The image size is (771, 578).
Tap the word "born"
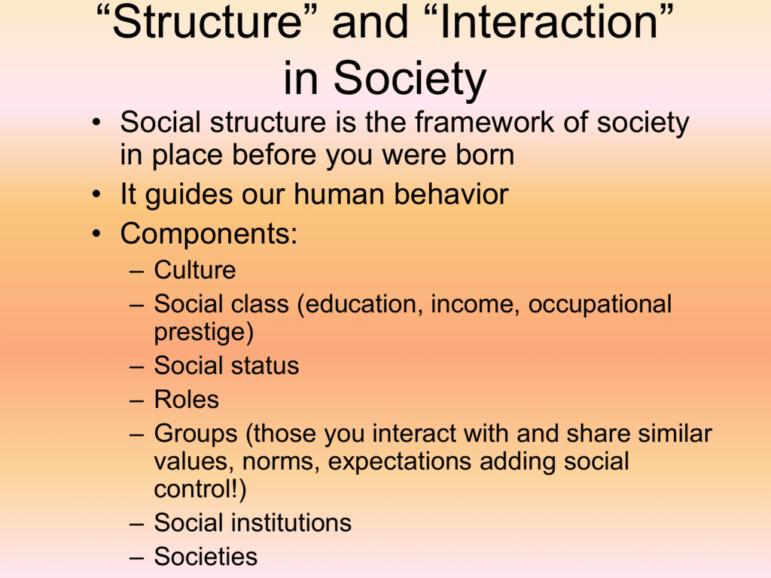[482, 156]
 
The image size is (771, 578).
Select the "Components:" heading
[209, 234]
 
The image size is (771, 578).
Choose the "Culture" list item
[195, 270]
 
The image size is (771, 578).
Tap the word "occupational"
[600, 304]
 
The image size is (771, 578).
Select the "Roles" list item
[187, 400]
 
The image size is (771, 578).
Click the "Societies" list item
[206, 557]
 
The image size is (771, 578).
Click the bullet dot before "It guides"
[97, 196]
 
